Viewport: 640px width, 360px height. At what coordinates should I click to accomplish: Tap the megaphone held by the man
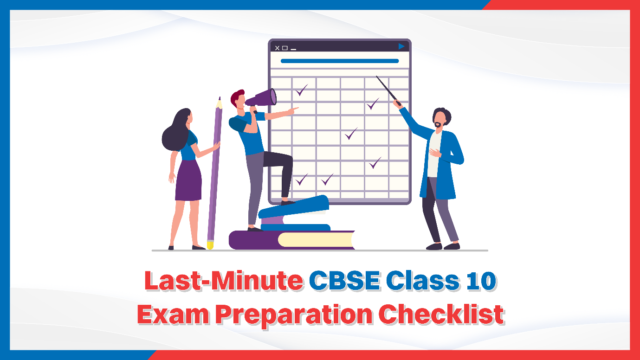pyautogui.click(x=262, y=98)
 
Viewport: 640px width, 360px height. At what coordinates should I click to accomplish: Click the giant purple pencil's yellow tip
pyautogui.click(x=210, y=244)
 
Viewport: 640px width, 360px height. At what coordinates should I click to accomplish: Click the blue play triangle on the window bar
pyautogui.click(x=401, y=46)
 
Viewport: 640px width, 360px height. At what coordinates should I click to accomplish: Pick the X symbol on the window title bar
pyautogui.click(x=277, y=48)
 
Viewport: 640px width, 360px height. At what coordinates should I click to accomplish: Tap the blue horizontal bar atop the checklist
pyautogui.click(x=339, y=61)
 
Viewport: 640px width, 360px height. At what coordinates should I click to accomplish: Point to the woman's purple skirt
pyautogui.click(x=188, y=180)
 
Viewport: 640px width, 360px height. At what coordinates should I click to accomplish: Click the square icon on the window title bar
pyautogui.click(x=285, y=48)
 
